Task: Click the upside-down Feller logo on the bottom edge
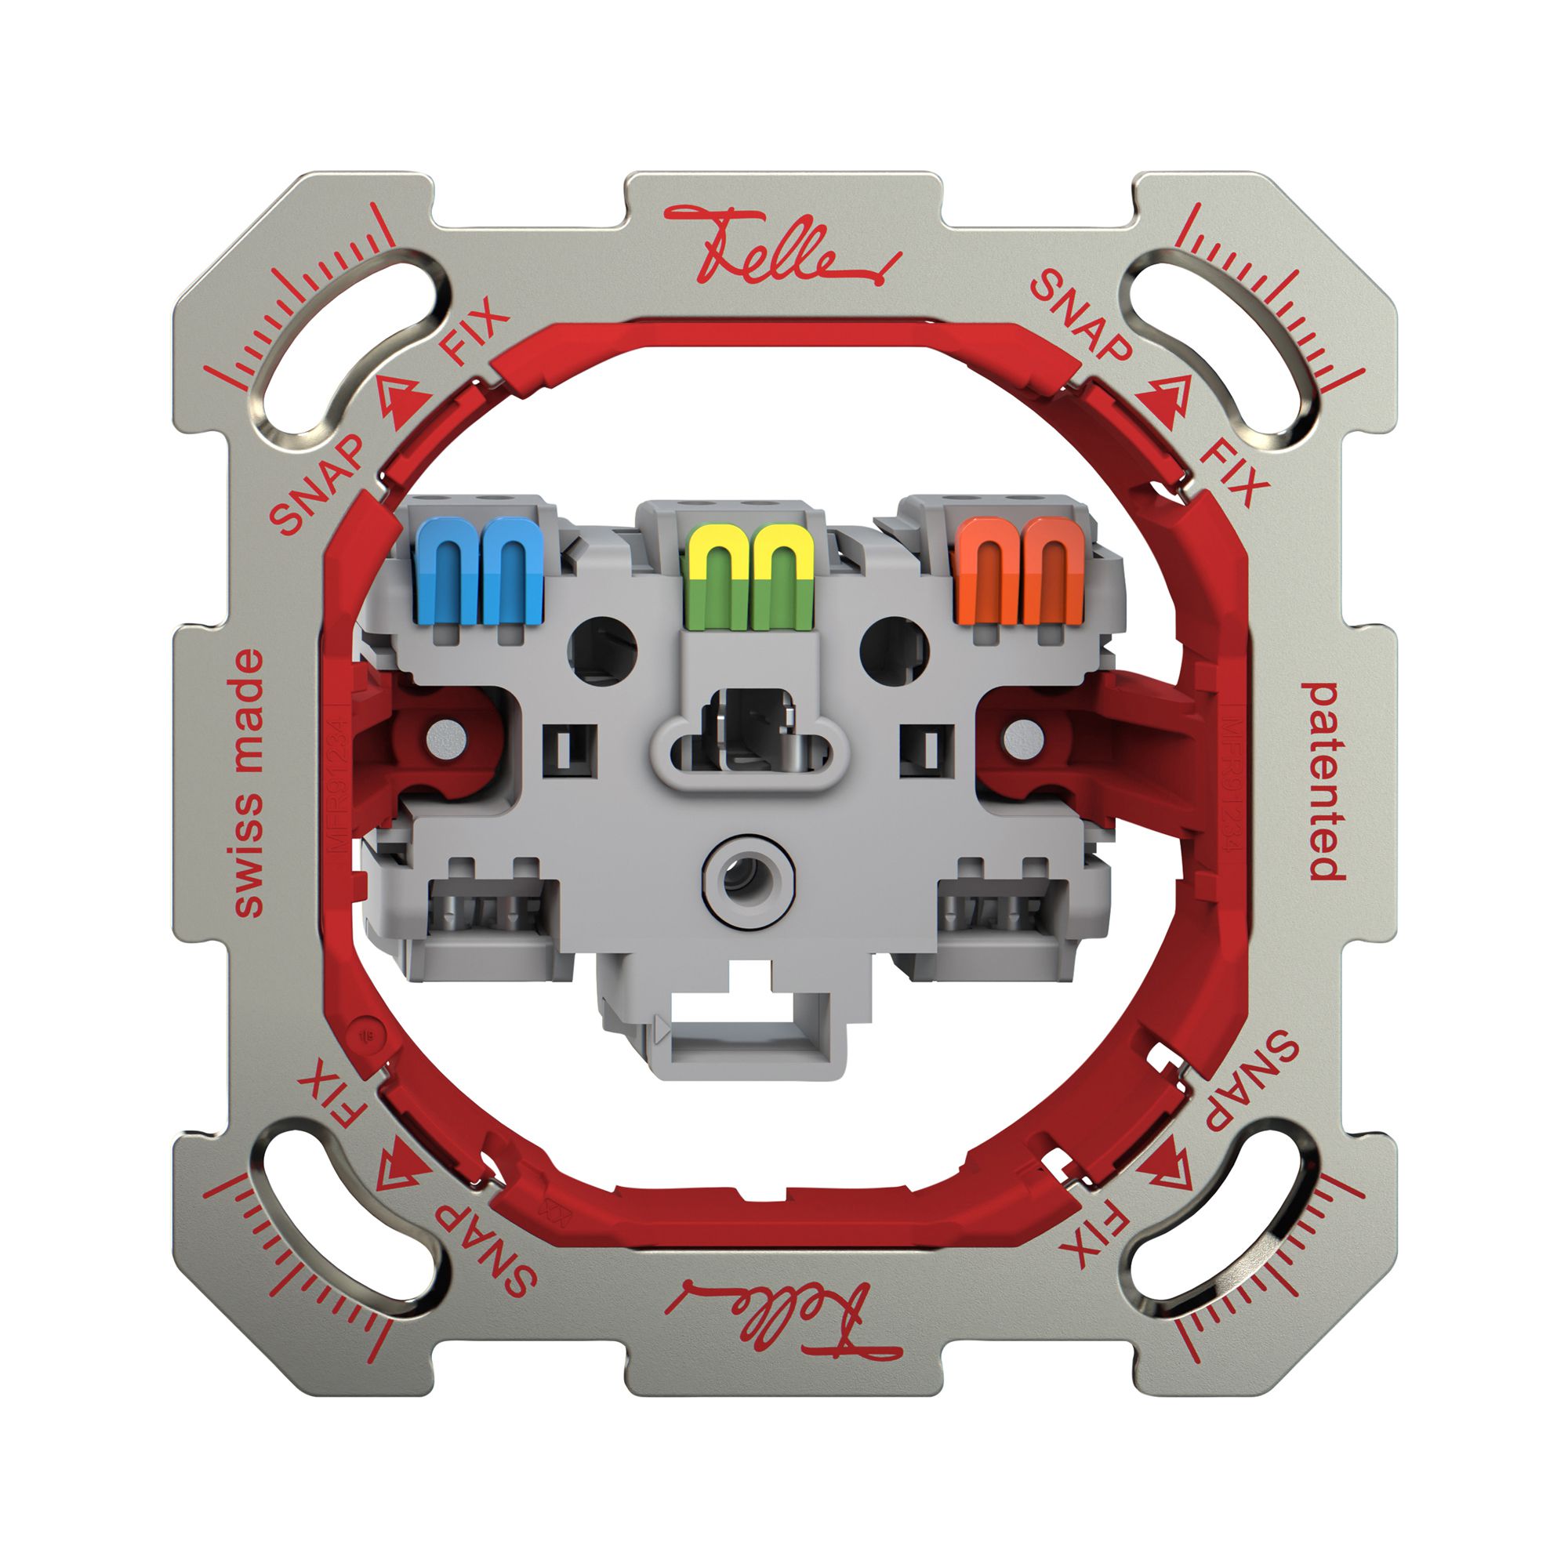(782, 1320)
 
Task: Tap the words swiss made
(249, 782)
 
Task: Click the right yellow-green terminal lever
(782, 577)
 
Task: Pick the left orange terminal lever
(987, 572)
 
